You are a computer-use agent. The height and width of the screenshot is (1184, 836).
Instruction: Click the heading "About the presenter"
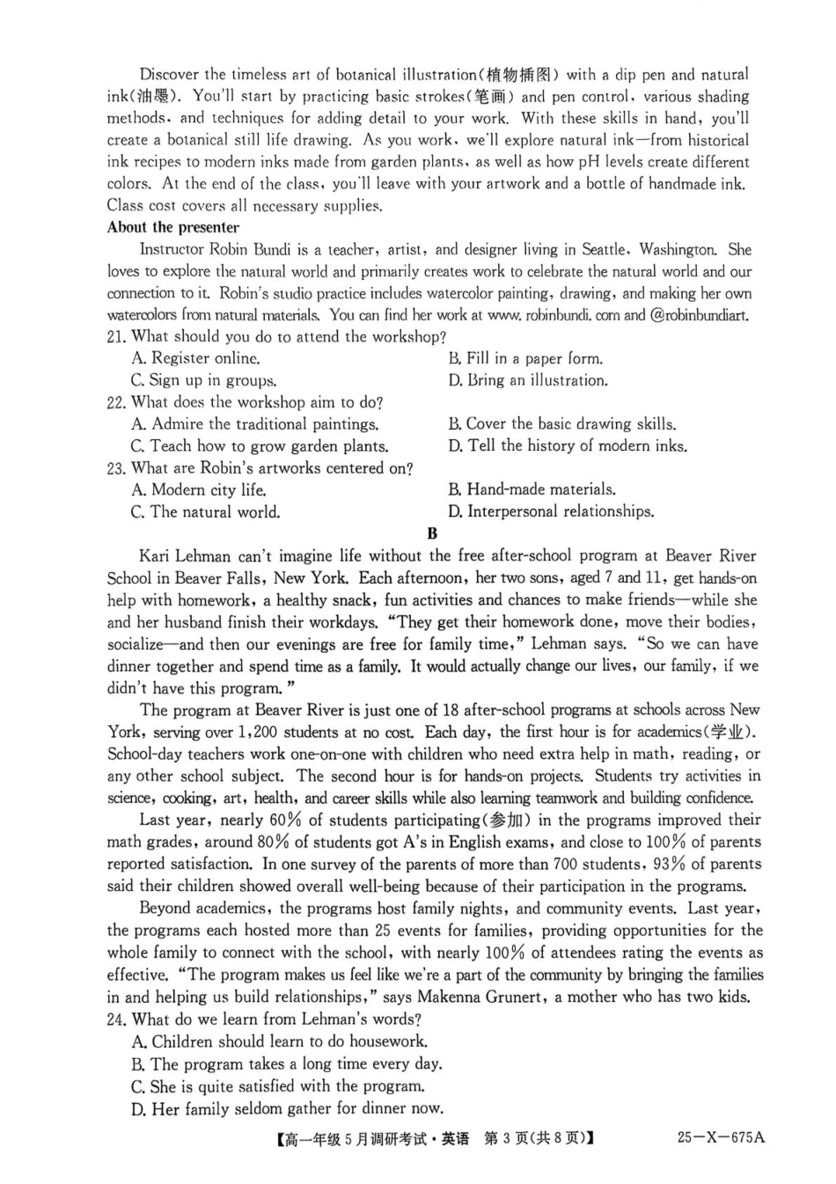[172, 227]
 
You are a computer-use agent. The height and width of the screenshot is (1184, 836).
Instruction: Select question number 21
[116, 337]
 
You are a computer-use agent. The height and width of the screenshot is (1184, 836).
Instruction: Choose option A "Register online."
[195, 358]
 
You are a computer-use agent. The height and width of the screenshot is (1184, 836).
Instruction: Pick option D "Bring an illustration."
[527, 380]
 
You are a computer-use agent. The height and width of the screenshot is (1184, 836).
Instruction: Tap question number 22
[116, 402]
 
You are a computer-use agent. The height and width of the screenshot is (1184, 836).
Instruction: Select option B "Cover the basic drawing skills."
[561, 423]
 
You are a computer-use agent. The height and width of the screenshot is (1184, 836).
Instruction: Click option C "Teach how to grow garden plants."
[260, 446]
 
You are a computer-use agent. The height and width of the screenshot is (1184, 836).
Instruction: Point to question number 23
[116, 468]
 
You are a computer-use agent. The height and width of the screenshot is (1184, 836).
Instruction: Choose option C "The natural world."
[205, 512]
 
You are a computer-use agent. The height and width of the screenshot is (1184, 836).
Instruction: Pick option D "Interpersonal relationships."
[551, 511]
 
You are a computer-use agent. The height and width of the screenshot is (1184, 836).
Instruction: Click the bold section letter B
[431, 533]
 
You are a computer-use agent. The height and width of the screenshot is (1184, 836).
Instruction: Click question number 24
[116, 1019]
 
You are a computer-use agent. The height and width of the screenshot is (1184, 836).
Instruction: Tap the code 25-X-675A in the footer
[721, 1137]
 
